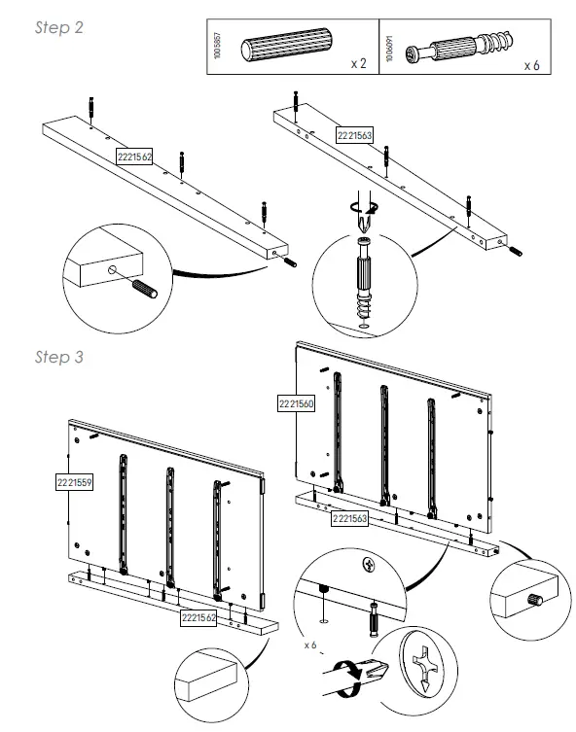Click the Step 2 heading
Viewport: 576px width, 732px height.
tap(59, 27)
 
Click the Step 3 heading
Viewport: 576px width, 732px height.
tap(59, 357)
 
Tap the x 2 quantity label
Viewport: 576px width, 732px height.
tap(358, 64)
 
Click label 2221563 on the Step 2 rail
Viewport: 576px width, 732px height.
tap(354, 136)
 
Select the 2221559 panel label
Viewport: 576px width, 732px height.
tap(75, 480)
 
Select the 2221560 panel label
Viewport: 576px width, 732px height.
tap(296, 402)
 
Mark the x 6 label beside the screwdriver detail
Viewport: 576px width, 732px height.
tap(310, 644)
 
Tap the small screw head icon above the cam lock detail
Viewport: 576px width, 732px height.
tap(369, 564)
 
